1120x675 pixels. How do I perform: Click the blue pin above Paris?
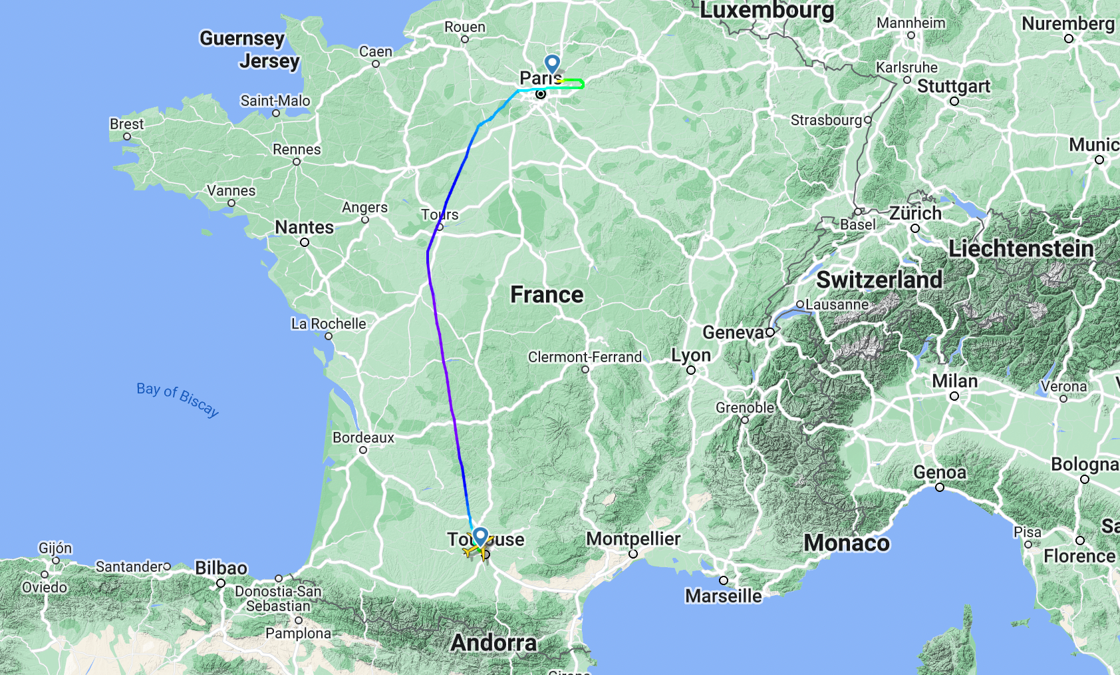click(552, 64)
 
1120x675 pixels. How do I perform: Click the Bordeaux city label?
click(363, 438)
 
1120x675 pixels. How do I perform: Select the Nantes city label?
click(304, 228)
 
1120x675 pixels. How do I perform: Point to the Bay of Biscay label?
click(178, 398)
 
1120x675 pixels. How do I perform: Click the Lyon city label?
click(691, 355)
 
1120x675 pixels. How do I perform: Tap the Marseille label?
click(723, 596)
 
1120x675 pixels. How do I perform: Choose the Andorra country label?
click(493, 642)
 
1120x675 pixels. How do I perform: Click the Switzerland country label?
click(879, 280)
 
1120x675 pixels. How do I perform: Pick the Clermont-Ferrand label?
click(585, 357)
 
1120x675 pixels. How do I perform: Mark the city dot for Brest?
click(127, 136)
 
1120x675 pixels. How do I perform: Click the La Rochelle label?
click(329, 324)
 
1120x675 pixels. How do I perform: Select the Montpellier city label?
click(632, 539)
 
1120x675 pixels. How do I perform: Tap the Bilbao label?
click(221, 568)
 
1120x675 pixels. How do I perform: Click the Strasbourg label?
click(826, 120)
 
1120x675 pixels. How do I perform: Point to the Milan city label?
click(954, 381)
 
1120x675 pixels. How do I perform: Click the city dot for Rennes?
click(297, 162)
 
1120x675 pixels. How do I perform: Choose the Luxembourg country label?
click(767, 11)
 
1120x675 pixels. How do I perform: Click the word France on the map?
click(547, 294)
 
